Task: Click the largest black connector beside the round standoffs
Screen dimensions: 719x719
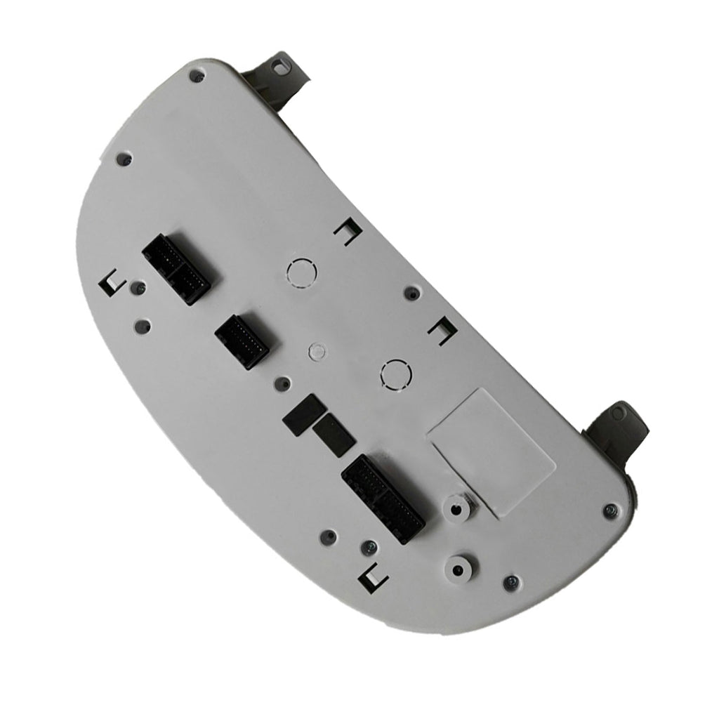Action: point(383,497)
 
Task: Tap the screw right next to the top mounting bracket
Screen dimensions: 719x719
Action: point(197,75)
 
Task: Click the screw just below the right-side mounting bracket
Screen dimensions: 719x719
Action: point(609,510)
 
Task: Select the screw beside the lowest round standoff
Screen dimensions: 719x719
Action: point(512,582)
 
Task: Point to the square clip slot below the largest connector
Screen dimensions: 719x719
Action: point(373,578)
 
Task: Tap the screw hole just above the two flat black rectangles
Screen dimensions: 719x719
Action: point(282,384)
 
